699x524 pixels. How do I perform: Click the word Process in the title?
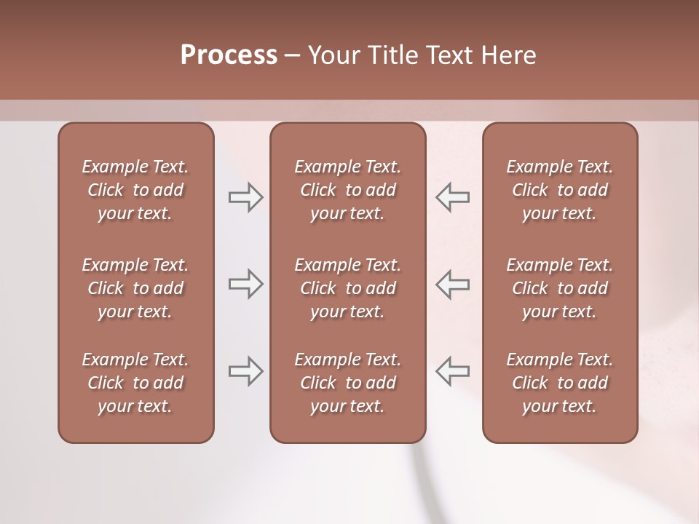click(x=229, y=55)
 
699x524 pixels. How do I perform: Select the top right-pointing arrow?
click(x=245, y=197)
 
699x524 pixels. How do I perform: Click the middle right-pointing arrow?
click(x=245, y=284)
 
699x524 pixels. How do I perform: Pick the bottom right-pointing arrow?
click(x=245, y=371)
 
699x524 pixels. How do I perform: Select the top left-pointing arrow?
click(x=452, y=197)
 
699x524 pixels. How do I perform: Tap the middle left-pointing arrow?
click(x=452, y=284)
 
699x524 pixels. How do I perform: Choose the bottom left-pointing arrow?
click(x=452, y=371)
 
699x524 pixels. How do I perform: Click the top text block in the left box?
click(x=135, y=190)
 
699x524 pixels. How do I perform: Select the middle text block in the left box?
click(x=135, y=288)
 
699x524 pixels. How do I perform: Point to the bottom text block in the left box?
click(x=135, y=383)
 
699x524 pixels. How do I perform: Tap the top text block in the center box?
click(x=348, y=190)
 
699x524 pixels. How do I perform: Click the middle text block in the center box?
click(x=348, y=288)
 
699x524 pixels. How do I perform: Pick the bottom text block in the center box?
click(x=348, y=383)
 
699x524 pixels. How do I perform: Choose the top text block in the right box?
click(x=560, y=190)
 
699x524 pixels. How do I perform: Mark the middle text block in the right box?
click(x=560, y=288)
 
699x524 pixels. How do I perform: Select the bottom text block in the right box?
click(x=560, y=383)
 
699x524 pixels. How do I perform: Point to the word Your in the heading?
click(x=331, y=55)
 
